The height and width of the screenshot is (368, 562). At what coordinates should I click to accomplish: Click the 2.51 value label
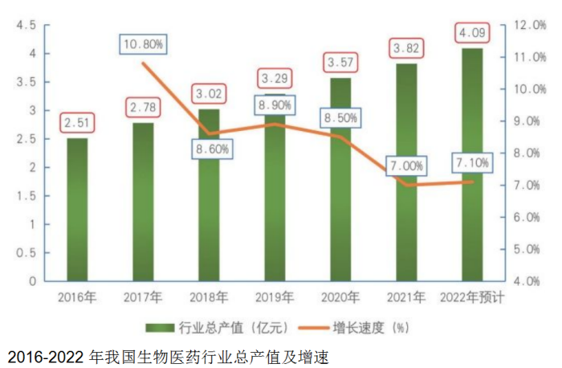click(x=78, y=123)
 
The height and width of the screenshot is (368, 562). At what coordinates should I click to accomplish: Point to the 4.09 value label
click(x=472, y=34)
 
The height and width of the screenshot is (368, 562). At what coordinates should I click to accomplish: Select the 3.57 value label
click(x=341, y=62)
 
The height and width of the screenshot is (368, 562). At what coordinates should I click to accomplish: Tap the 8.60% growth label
click(x=210, y=149)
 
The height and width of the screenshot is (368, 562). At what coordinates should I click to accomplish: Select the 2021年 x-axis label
click(x=406, y=298)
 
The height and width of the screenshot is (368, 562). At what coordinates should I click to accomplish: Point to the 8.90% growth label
click(x=275, y=105)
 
